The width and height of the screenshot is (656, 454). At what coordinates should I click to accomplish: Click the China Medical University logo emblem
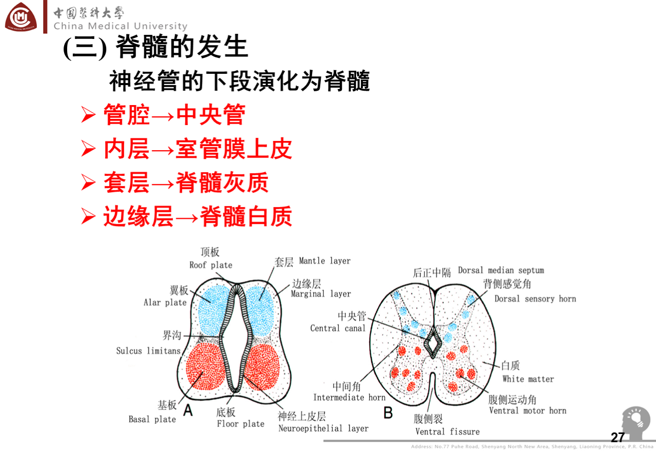click(x=21, y=17)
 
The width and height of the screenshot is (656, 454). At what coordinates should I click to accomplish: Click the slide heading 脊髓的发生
click(x=156, y=48)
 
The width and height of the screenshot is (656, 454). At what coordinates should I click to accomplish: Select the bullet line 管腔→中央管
click(x=174, y=115)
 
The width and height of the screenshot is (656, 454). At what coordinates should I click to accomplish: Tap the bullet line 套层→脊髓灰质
click(x=186, y=183)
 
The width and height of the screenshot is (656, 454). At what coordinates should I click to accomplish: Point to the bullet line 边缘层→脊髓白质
click(x=197, y=217)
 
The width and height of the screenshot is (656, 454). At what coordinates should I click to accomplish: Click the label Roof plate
click(x=211, y=265)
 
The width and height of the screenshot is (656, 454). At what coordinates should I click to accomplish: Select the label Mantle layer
click(x=324, y=261)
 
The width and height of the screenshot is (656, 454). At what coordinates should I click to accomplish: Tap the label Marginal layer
click(x=321, y=294)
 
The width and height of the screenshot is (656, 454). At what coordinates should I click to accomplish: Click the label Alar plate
click(x=165, y=302)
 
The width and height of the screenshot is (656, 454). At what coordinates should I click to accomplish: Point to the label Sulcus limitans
click(x=148, y=351)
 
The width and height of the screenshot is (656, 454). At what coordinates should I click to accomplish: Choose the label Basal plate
click(x=152, y=419)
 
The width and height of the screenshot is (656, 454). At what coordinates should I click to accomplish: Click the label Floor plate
click(x=240, y=424)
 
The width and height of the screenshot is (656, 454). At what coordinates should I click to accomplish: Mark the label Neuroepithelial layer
click(x=323, y=428)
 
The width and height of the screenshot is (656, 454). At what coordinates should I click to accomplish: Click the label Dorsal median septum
click(x=501, y=270)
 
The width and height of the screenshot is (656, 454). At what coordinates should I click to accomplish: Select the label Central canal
click(x=338, y=328)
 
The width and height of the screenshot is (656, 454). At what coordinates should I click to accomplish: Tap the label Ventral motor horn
click(x=527, y=410)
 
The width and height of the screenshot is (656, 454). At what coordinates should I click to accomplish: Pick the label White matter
click(x=528, y=379)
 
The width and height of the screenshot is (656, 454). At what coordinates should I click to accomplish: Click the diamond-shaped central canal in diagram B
click(x=434, y=342)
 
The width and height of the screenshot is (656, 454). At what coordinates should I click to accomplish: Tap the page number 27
click(x=618, y=438)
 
